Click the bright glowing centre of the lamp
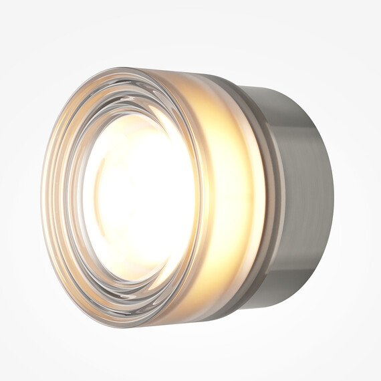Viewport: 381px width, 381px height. [x=137, y=194]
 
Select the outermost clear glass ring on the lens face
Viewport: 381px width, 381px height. [x=53, y=201]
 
